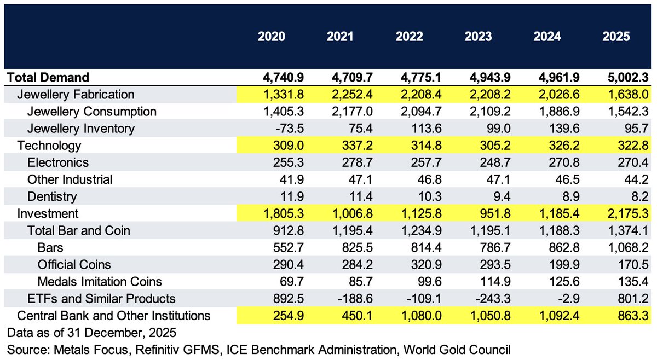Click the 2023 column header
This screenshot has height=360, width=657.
click(478, 37)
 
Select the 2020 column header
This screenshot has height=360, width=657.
click(272, 37)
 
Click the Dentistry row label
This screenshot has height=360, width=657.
click(52, 196)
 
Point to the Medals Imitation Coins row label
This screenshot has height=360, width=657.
click(100, 281)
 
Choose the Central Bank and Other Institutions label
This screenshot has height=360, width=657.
click(114, 315)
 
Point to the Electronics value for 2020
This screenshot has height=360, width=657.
click(272, 162)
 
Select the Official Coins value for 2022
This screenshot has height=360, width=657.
click(410, 264)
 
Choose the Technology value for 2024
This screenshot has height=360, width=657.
click(549, 146)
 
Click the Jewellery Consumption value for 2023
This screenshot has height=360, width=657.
click(476, 112)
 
